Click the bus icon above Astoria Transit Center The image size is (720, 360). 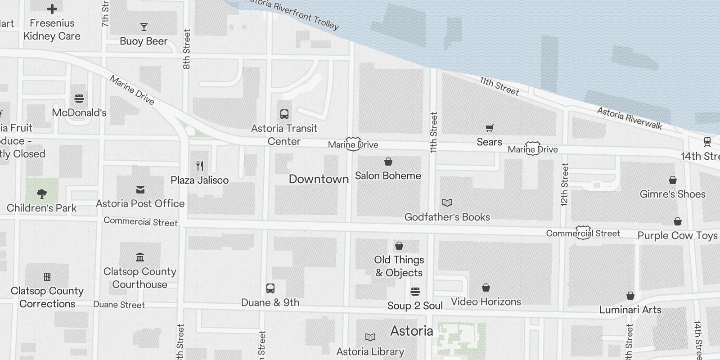[x=284, y=114]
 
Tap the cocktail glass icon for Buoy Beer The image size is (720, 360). [x=144, y=27]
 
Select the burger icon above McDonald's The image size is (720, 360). [x=79, y=99]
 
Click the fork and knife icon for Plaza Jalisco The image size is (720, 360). [x=200, y=166]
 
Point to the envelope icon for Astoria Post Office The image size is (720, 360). [x=140, y=190]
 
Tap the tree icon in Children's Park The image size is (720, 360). [x=42, y=194]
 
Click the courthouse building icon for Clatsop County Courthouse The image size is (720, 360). [x=140, y=257]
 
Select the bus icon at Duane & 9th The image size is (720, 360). [x=270, y=288]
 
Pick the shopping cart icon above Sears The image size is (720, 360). [x=489, y=128]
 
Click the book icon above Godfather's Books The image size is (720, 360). [x=447, y=203]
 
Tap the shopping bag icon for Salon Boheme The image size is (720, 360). [x=388, y=162]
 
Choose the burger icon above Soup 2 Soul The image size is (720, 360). [x=415, y=292]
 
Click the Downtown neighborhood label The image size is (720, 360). [x=319, y=179]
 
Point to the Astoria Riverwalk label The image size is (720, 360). [x=630, y=118]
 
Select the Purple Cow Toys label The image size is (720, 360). [x=677, y=235]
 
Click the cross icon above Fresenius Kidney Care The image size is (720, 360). [x=52, y=9]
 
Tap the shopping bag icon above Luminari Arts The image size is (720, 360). [x=630, y=296]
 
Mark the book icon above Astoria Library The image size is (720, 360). [x=370, y=337]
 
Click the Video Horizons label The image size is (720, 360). [x=486, y=301]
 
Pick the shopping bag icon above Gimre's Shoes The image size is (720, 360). [x=672, y=180]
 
